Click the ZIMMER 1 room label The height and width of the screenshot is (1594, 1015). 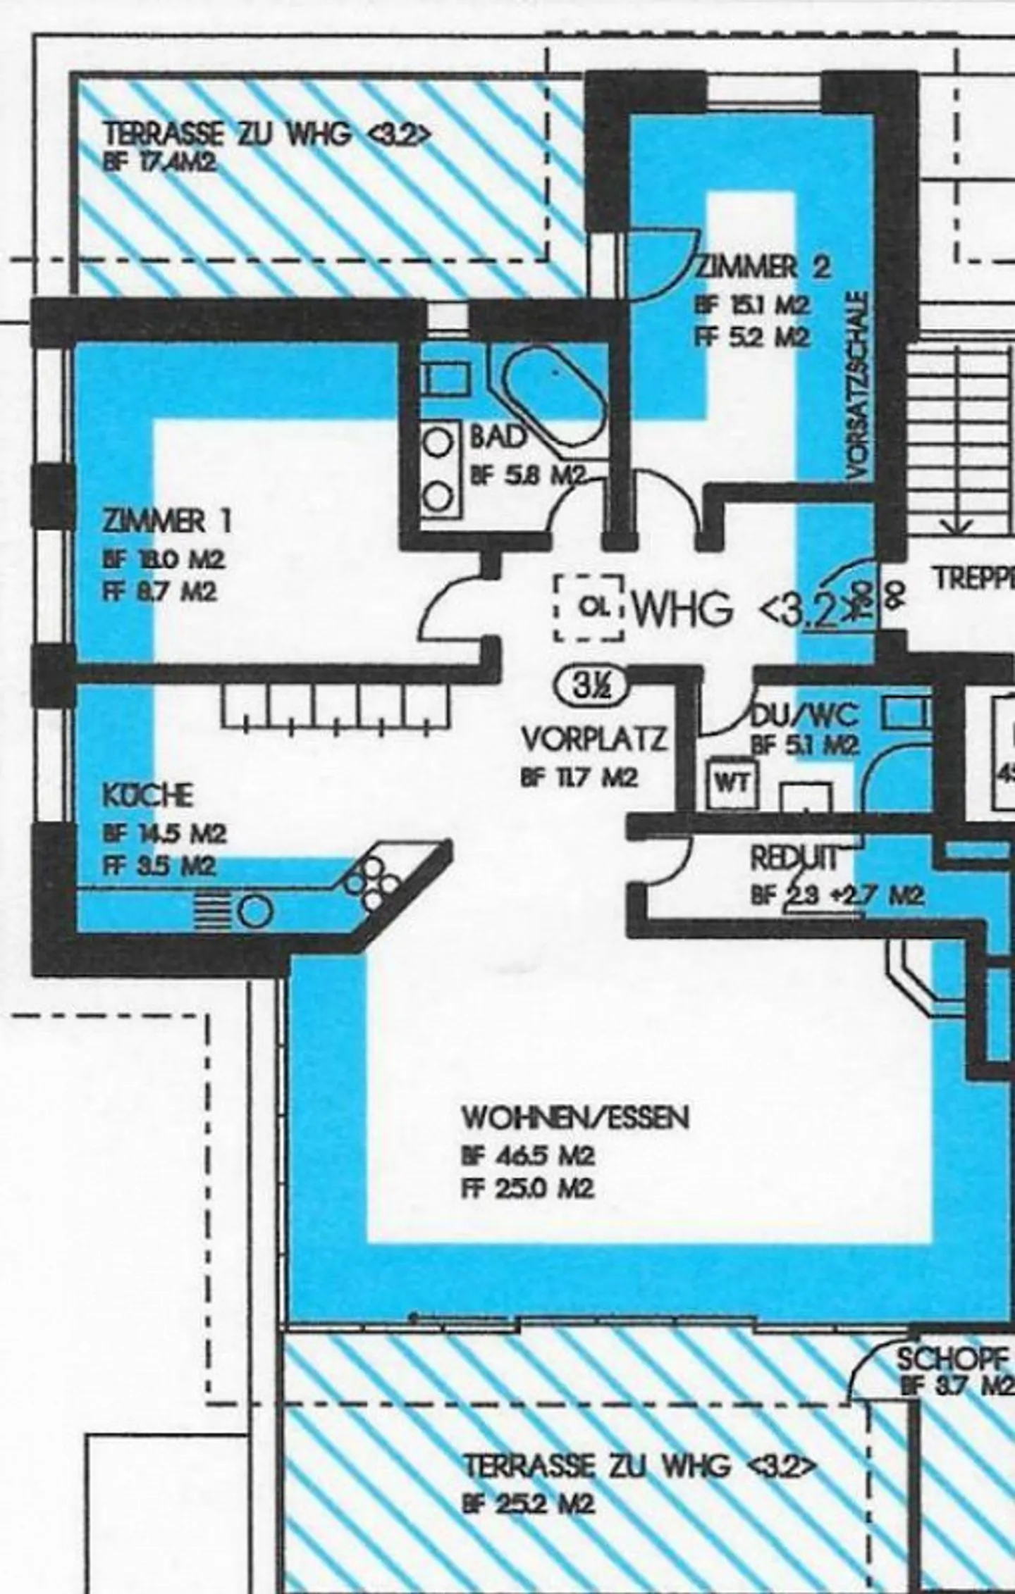[166, 522]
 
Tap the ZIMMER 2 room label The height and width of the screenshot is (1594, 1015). [763, 267]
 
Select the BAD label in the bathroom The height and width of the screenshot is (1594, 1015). [498, 437]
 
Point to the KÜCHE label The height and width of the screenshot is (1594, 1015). [148, 796]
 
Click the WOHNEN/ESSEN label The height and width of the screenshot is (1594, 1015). [575, 1118]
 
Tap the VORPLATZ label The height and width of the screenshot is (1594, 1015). [593, 740]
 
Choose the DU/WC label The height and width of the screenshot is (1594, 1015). [805, 716]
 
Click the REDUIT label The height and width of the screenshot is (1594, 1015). [794, 859]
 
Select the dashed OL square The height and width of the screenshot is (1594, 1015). [589, 608]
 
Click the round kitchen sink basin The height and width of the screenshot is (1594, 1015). [255, 912]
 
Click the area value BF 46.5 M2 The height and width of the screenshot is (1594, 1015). [528, 1157]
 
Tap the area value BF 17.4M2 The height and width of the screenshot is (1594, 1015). [159, 164]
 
